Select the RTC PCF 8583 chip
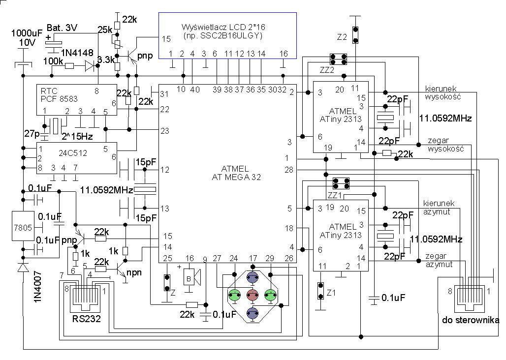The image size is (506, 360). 76,99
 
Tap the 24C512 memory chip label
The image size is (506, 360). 73,153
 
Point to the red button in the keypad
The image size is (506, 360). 253,295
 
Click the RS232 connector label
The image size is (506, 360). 87,319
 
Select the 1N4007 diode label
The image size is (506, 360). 38,287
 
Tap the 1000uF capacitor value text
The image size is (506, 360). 27,33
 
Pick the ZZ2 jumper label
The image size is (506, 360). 327,70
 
